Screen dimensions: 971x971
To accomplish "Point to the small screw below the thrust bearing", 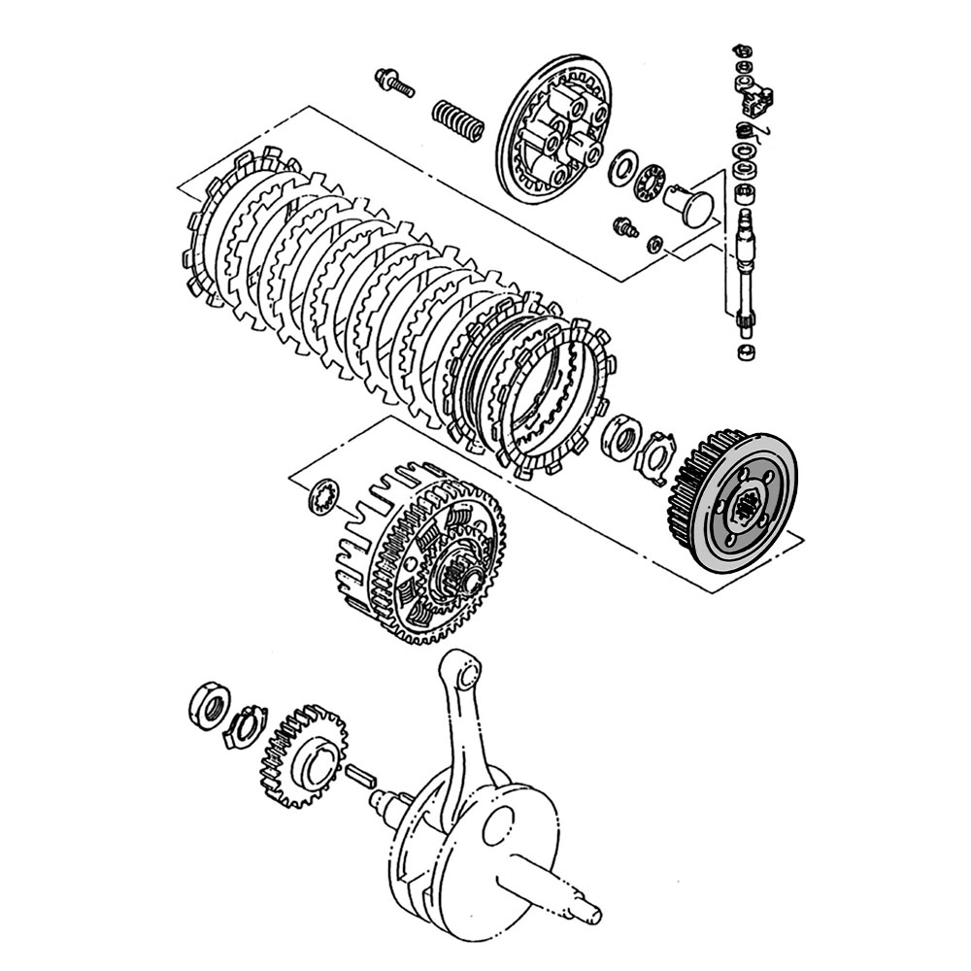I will coord(624,227).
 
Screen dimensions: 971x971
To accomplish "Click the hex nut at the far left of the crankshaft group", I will coord(207,703).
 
